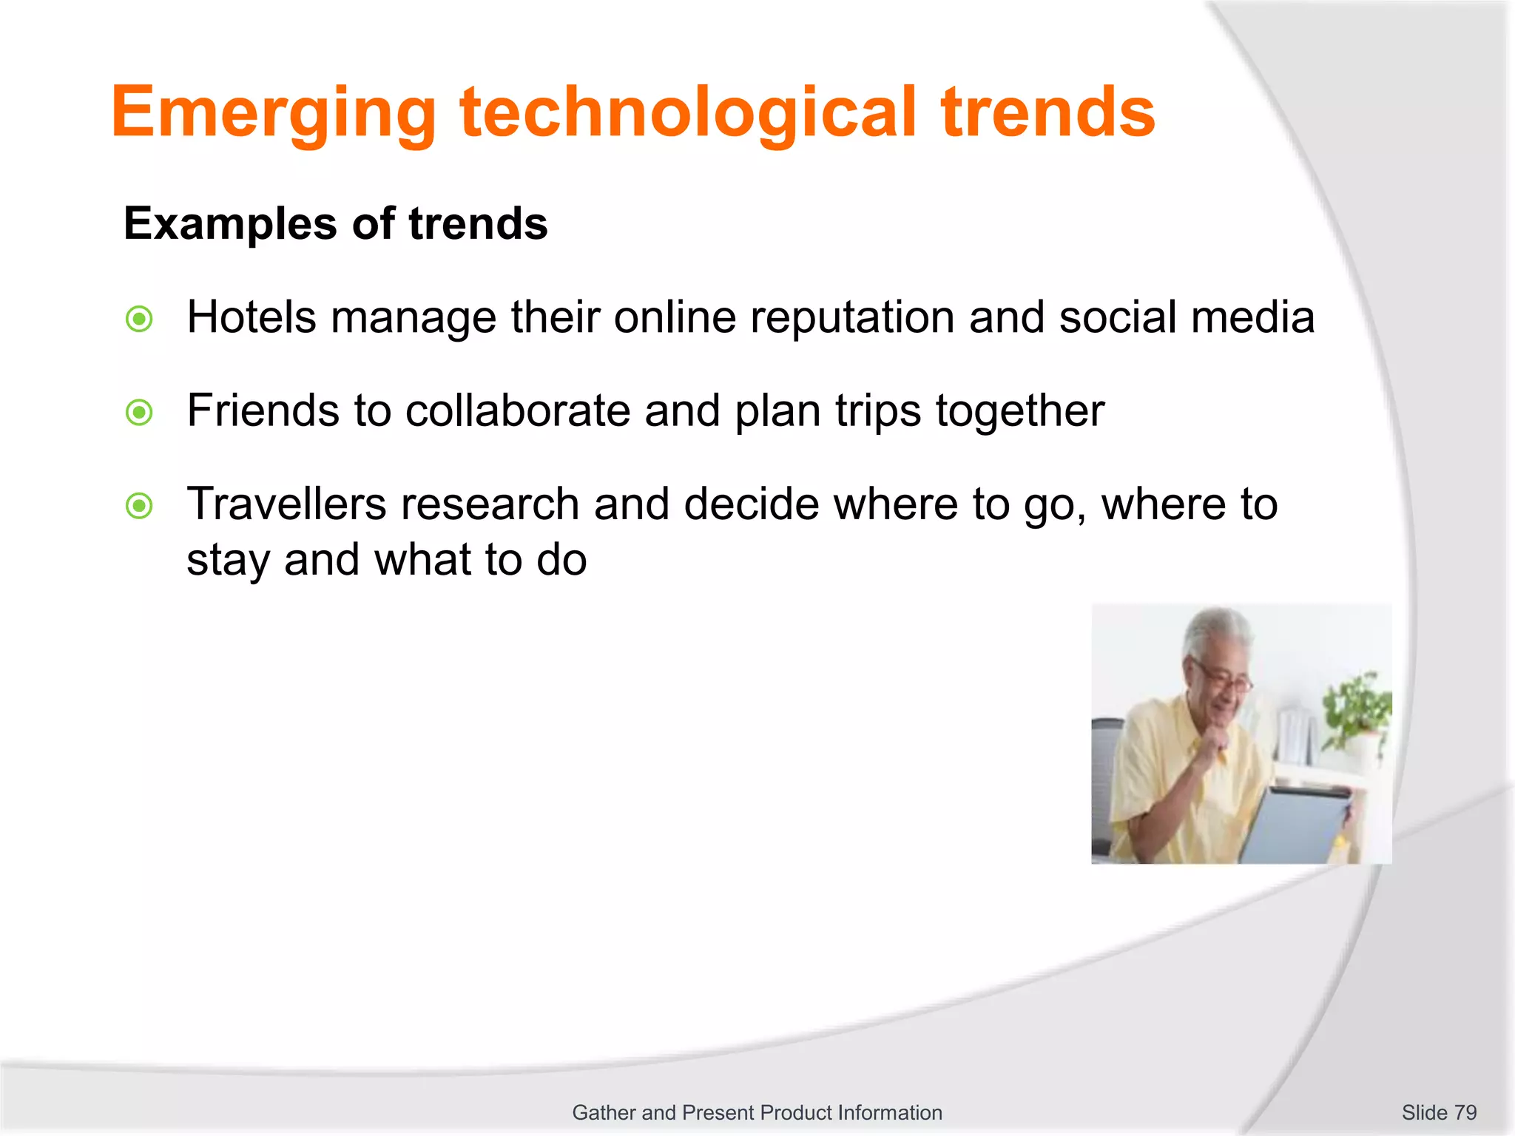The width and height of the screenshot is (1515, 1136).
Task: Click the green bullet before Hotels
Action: coord(139,319)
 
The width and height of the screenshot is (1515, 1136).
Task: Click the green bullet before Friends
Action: coord(139,413)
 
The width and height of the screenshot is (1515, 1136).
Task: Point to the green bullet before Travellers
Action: coord(139,507)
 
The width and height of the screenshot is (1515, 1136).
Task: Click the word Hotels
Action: coord(252,318)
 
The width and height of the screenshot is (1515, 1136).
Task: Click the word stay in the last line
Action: coord(228,561)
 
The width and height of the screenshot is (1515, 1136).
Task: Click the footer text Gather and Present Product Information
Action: coord(757,1112)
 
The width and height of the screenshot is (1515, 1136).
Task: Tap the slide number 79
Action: coord(1465,1112)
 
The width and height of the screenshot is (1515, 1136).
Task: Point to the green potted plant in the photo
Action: coord(1357,706)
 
